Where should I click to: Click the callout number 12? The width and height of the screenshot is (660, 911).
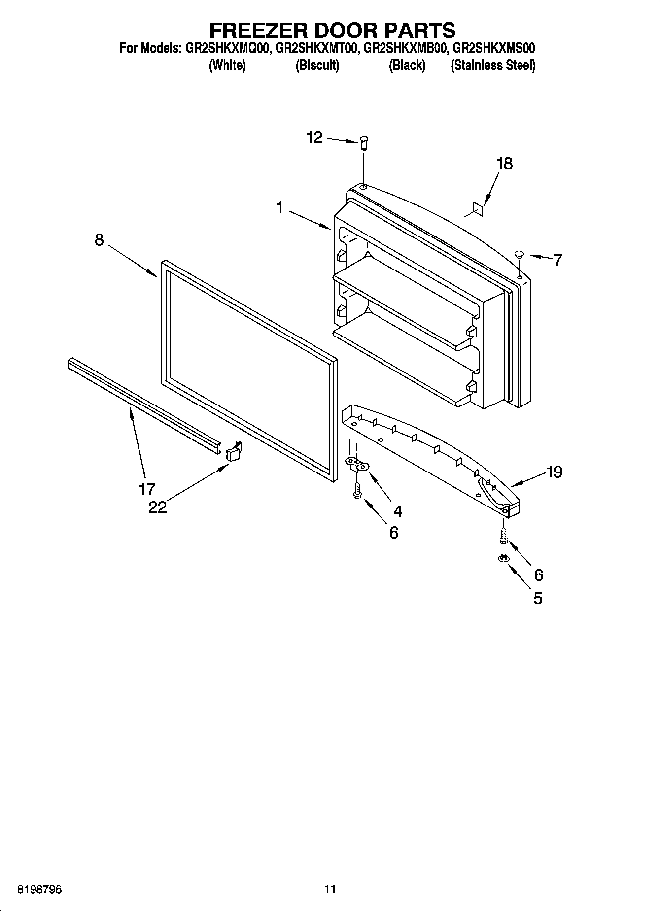point(314,137)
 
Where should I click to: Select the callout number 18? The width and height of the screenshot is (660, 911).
point(504,163)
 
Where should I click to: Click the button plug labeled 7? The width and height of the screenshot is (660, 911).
point(519,254)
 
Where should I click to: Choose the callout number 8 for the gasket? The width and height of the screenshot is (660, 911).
point(100,240)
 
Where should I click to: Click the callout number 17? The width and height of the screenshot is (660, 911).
point(147,489)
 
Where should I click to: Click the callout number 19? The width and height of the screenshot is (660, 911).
point(555,472)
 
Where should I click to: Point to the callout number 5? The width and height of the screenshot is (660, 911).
point(538,598)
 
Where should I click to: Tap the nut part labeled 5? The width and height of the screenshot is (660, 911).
point(503,558)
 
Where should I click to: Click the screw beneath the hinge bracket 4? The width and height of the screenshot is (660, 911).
point(356,491)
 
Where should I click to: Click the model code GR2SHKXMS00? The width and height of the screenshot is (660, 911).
point(493,48)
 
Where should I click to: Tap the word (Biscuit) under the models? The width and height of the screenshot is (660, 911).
point(317,65)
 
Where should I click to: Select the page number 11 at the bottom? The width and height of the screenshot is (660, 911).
point(330,889)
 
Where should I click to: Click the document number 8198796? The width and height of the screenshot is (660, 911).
point(39,889)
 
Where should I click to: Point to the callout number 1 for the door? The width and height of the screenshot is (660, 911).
point(279,208)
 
